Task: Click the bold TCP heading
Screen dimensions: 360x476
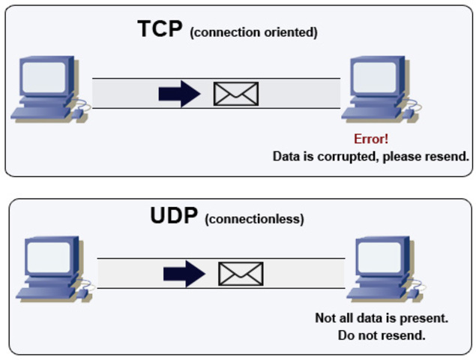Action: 160,30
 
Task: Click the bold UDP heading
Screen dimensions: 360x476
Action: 174,217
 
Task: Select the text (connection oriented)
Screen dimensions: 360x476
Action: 254,33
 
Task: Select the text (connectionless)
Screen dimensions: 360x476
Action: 254,220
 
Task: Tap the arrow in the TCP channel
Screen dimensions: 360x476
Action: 179,94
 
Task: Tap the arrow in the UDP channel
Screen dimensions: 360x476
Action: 184,274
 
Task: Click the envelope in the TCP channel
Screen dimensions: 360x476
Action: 236,94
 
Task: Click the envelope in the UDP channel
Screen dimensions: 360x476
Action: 241,274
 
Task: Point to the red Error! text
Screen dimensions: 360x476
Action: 371,139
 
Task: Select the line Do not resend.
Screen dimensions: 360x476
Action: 382,334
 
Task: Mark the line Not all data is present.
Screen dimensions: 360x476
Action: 382,318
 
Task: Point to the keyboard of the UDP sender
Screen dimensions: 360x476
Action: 45,294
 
